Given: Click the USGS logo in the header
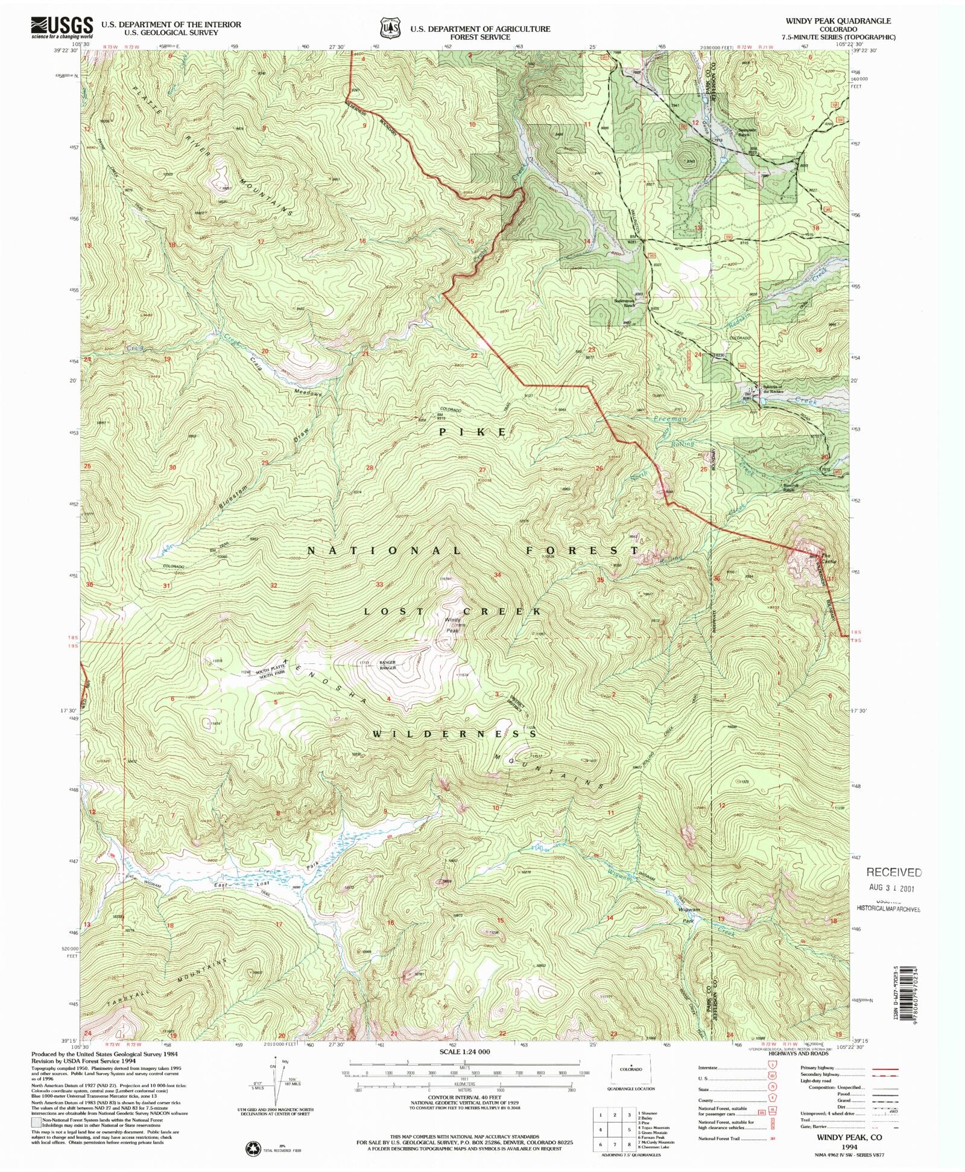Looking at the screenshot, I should [62, 27].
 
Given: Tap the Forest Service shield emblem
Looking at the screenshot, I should [391, 28].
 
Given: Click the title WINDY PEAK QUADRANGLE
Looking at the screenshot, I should [838, 21].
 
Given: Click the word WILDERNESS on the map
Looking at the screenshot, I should [454, 734].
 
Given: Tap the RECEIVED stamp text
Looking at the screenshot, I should [894, 872].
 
